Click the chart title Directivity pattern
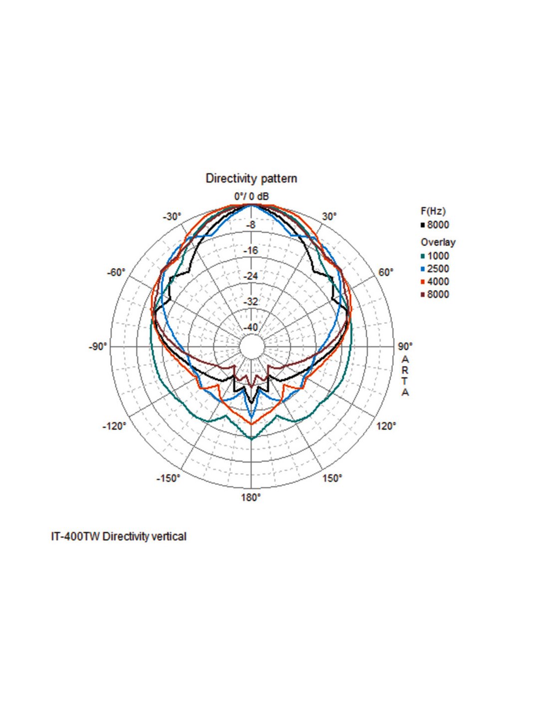[x=251, y=178]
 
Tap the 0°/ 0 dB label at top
[x=252, y=196]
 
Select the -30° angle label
[x=172, y=217]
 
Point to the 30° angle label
[x=329, y=217]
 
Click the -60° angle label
[x=116, y=273]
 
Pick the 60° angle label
[x=386, y=273]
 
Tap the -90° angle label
[x=98, y=347]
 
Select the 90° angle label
[x=405, y=347]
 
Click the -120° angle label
[x=114, y=426]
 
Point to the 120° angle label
[x=386, y=426]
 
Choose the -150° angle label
[x=168, y=478]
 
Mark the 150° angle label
[x=332, y=478]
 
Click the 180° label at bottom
[x=251, y=497]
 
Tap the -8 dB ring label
[x=251, y=225]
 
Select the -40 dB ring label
[x=251, y=327]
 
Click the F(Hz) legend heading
[x=433, y=211]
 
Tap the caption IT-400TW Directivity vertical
[x=119, y=537]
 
